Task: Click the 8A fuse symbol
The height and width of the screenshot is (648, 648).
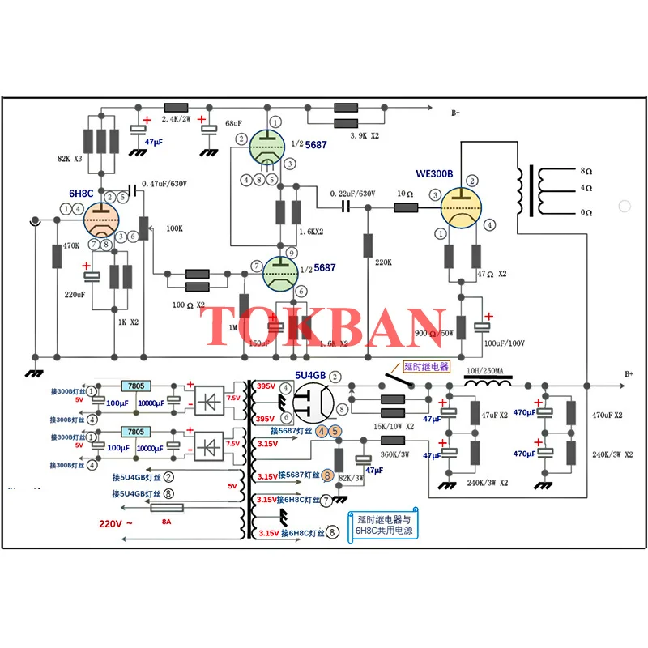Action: click(x=167, y=508)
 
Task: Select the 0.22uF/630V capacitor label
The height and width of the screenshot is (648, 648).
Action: click(x=353, y=194)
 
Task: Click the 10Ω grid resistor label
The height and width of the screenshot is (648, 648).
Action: click(x=405, y=194)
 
